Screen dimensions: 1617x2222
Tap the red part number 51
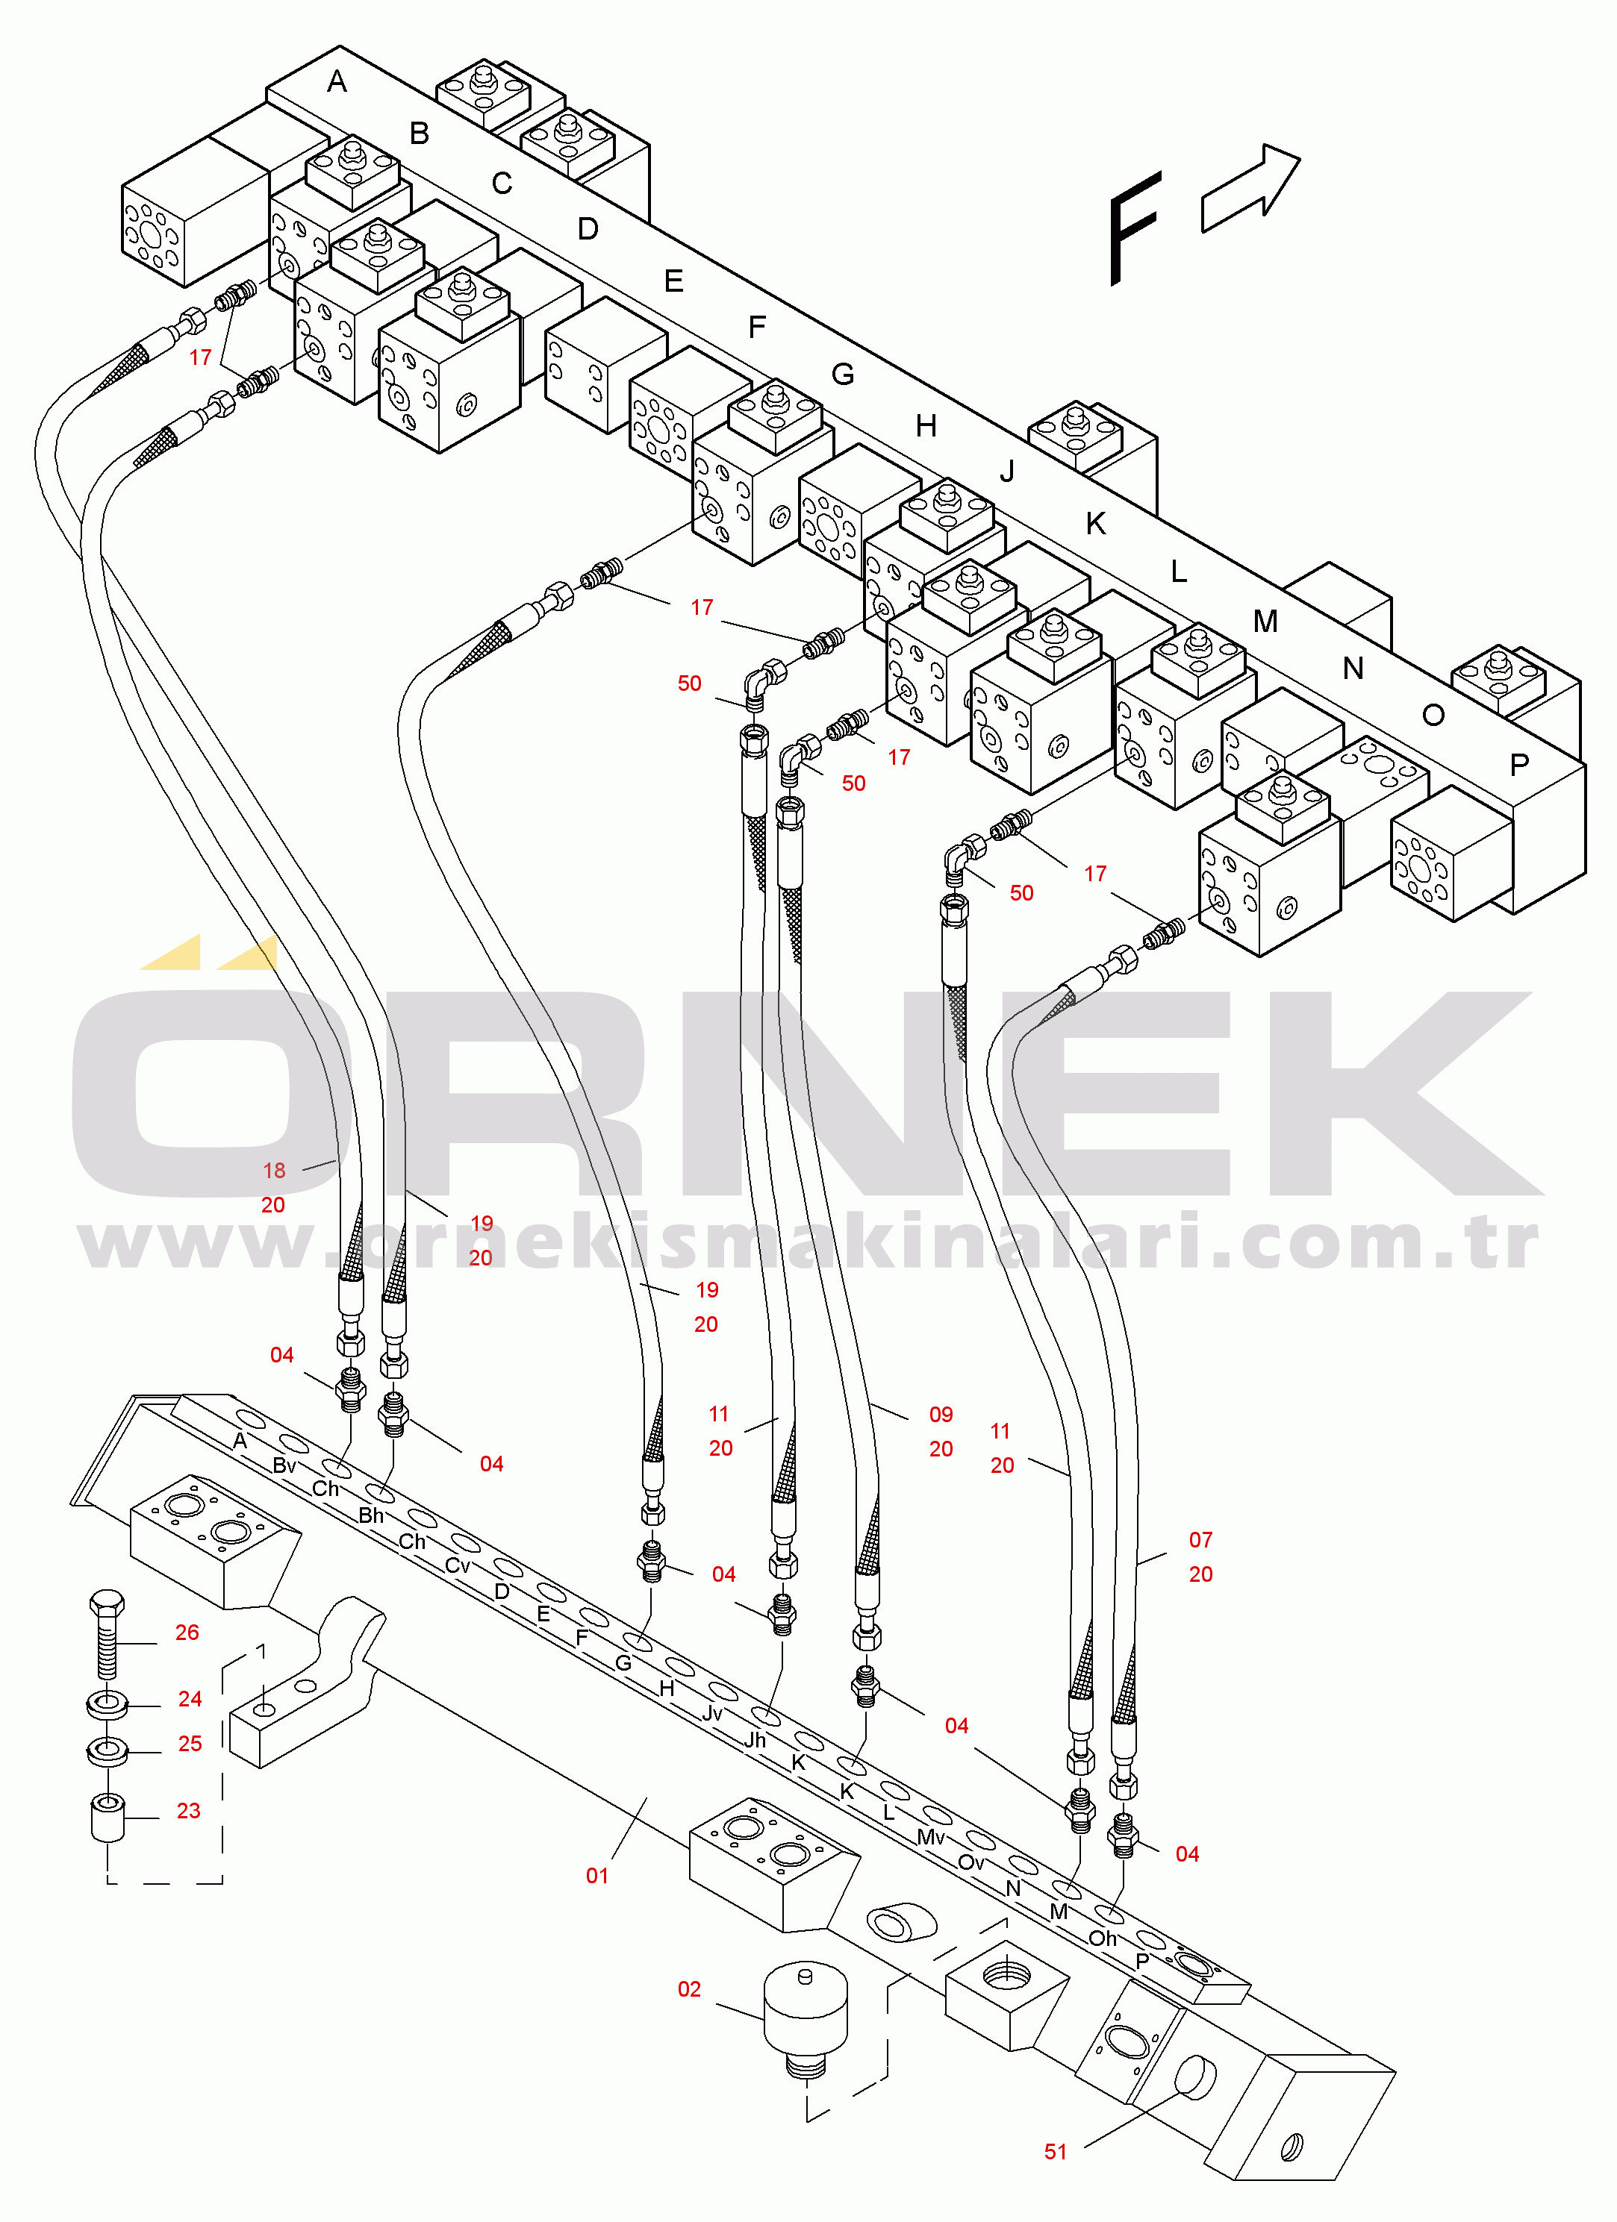(x=1056, y=2151)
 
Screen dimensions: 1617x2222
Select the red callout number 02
(x=689, y=1988)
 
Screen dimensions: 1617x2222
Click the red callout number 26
(x=187, y=1633)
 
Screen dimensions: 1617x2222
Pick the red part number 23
(x=188, y=1811)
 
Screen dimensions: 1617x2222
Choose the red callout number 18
(x=275, y=1170)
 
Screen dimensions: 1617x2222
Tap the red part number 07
(x=1200, y=1539)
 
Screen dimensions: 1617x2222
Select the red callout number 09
(x=941, y=1414)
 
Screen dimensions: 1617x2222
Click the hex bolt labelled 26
(x=107, y=1633)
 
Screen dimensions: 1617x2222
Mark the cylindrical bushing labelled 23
(x=108, y=1818)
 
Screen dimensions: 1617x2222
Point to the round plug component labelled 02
(x=805, y=2018)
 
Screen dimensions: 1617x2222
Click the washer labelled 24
(x=107, y=1703)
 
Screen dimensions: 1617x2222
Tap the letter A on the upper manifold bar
(x=337, y=81)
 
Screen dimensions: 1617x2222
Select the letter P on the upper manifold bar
(x=1519, y=764)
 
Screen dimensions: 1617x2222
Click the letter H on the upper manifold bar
(x=926, y=425)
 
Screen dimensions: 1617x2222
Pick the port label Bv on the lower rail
(x=284, y=1465)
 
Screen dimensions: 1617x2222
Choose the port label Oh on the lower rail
(x=1103, y=1938)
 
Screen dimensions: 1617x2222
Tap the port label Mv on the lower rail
(x=931, y=1836)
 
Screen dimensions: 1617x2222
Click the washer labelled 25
(x=107, y=1750)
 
